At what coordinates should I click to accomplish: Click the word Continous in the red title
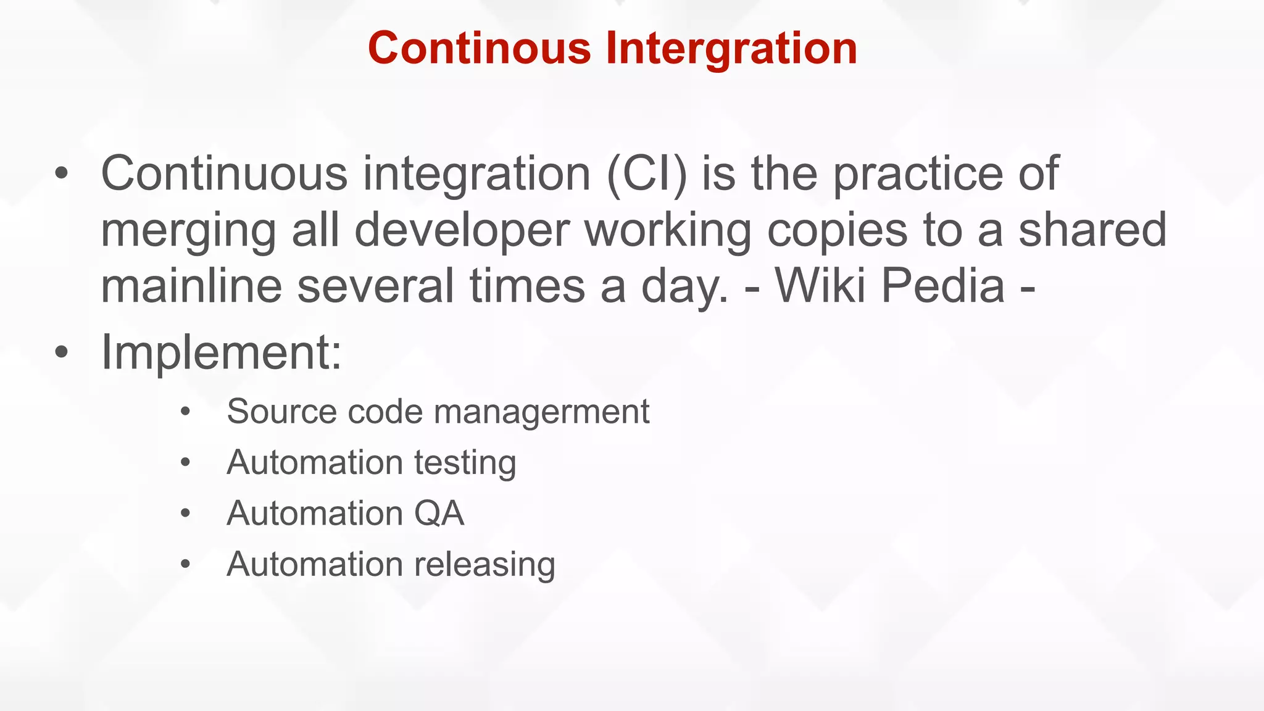(x=480, y=48)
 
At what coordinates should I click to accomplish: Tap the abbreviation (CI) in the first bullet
(x=646, y=174)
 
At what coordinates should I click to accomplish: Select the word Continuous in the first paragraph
(x=224, y=174)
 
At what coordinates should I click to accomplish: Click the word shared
(x=1092, y=230)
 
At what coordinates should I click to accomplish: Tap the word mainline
(x=191, y=286)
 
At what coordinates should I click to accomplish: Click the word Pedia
(x=942, y=286)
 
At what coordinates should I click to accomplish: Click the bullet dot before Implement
(x=61, y=353)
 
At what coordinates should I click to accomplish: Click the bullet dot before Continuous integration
(x=61, y=175)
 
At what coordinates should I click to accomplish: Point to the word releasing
(x=484, y=565)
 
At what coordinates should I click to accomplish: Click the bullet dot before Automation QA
(x=185, y=513)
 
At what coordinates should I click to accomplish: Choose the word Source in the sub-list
(x=281, y=412)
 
